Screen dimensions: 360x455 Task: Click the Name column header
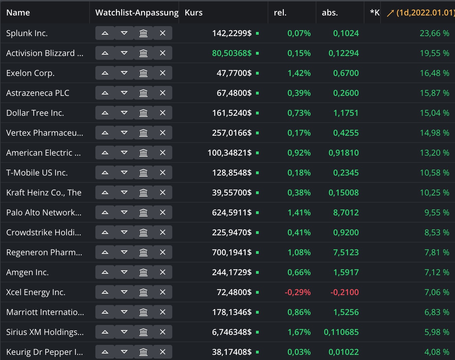(x=18, y=13)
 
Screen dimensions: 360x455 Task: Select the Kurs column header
(x=194, y=13)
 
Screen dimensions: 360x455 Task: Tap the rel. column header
(x=280, y=13)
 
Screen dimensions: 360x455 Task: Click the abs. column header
(x=330, y=13)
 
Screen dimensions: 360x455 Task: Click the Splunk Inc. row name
(x=27, y=33)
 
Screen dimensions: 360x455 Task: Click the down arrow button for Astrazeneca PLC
(x=124, y=93)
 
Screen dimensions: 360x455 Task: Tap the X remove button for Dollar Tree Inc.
(x=163, y=113)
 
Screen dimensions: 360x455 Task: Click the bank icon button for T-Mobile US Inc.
(x=143, y=173)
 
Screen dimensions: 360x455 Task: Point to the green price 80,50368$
(x=232, y=53)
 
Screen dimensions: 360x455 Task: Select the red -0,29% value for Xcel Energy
(x=297, y=292)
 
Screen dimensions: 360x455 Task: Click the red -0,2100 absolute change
(x=345, y=292)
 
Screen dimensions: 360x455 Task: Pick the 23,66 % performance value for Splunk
(x=434, y=33)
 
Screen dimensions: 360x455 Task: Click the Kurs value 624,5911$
(x=232, y=213)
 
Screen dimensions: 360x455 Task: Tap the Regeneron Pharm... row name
(x=44, y=252)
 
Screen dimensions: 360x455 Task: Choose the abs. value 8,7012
(x=346, y=213)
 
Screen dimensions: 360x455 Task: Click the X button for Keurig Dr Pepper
(x=163, y=352)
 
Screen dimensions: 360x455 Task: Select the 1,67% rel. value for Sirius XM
(x=299, y=332)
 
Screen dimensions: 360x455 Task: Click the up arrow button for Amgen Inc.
(x=105, y=272)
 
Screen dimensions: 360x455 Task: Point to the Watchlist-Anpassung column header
(x=137, y=13)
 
